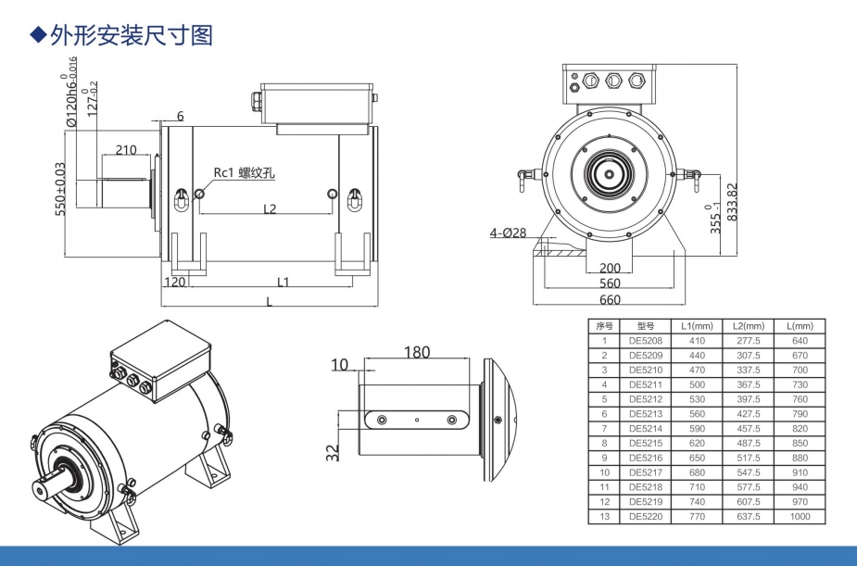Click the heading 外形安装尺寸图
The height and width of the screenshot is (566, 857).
[130, 34]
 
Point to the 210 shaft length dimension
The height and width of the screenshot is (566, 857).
[126, 150]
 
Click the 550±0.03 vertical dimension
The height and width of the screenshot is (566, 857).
[60, 189]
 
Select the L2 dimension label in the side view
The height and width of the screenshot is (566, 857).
[270, 208]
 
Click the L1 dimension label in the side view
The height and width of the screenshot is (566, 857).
[284, 282]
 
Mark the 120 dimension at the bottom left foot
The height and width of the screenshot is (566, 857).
[174, 282]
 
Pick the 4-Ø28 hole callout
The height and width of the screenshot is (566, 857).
[508, 233]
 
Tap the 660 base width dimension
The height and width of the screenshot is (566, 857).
[610, 299]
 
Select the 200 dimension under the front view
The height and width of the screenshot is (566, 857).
[610, 268]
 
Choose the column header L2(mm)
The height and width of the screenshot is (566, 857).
[747, 326]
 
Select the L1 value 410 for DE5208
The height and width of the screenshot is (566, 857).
[696, 340]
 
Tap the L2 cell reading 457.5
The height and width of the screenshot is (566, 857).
[747, 428]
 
